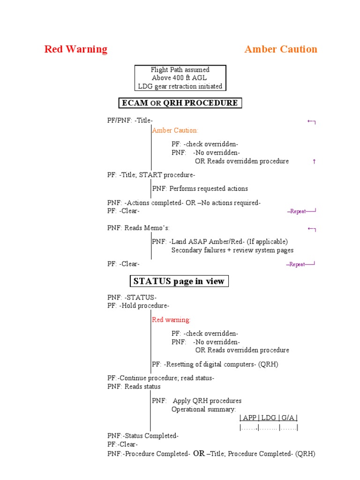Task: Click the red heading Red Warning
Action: (75, 49)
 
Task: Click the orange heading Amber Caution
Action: (281, 49)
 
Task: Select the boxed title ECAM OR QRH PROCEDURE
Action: (180, 103)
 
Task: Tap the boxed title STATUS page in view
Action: (179, 281)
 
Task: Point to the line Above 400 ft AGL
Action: (179, 78)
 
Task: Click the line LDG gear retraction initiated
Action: (180, 86)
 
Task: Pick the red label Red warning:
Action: (171, 320)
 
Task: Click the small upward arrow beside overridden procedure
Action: (314, 161)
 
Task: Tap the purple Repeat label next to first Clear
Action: (298, 211)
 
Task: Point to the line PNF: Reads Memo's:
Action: (132, 228)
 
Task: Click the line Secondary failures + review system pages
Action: (232, 250)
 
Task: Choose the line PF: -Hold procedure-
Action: (138, 306)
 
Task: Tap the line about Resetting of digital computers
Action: (215, 364)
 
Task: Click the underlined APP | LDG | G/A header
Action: (269, 418)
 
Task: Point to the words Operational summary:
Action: (203, 409)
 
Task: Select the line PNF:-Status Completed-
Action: (143, 435)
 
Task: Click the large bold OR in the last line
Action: (199, 453)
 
